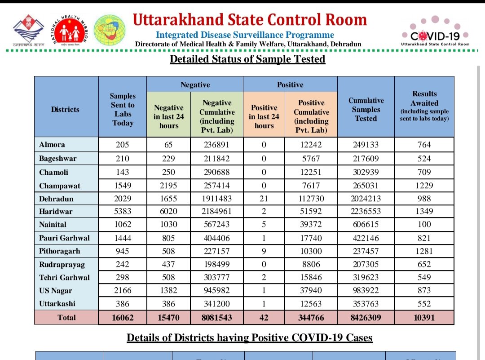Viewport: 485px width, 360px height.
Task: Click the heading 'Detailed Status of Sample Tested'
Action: pos(247,59)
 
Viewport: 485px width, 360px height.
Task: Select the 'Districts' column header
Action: pos(65,109)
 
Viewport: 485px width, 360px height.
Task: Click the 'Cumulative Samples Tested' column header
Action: pos(366,109)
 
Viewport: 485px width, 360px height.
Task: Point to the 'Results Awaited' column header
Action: pos(424,106)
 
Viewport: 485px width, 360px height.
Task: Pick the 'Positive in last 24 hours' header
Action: pos(264,116)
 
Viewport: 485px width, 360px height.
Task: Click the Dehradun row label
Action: pos(56,198)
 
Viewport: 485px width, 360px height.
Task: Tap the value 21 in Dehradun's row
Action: pos(264,198)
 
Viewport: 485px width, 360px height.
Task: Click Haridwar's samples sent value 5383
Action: pos(123,211)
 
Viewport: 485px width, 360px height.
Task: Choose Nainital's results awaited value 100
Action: pos(424,224)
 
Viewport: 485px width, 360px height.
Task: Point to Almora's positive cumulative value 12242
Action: pos(311,145)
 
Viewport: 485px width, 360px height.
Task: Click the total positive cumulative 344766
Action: pos(311,317)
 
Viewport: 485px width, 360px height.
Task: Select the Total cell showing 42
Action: pos(264,317)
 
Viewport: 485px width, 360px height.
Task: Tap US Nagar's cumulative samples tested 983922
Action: pos(366,290)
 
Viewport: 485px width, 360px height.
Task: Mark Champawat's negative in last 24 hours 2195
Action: pos(169,185)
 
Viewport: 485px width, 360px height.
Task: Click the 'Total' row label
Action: pos(66,317)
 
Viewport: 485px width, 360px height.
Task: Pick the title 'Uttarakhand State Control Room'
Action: pos(250,20)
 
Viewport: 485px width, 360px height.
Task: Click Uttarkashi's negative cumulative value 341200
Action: pos(217,304)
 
